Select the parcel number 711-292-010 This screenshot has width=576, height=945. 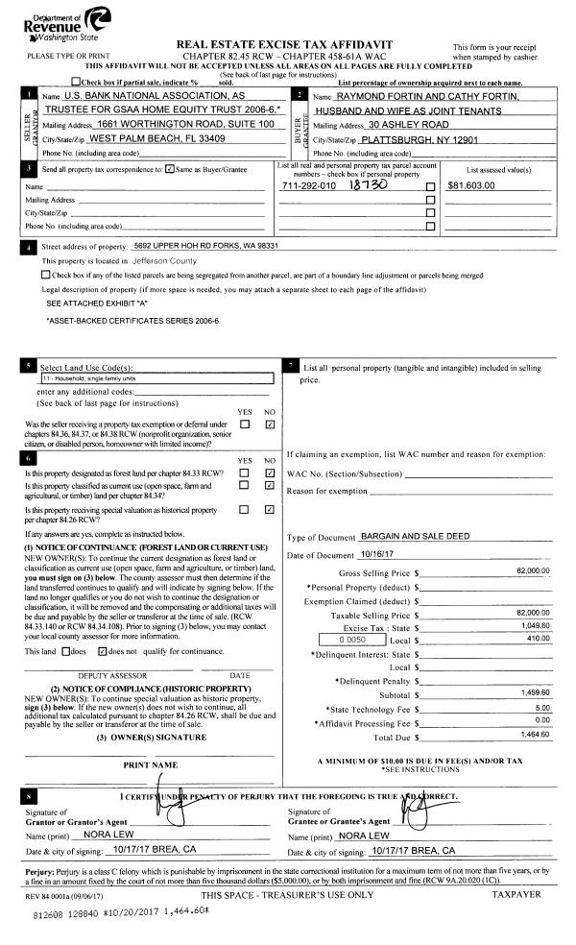click(308, 185)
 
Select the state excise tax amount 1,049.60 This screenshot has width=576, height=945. click(534, 624)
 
